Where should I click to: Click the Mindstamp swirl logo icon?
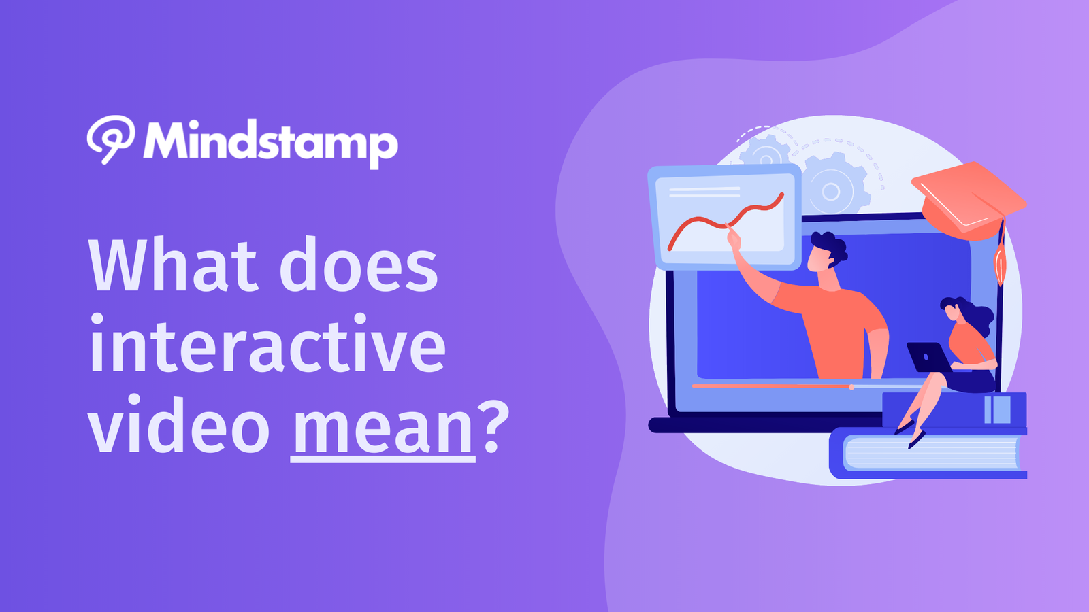click(111, 139)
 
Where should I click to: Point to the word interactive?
click(268, 344)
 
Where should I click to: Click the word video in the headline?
click(179, 422)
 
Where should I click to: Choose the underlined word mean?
click(383, 428)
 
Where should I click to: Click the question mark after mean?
click(493, 426)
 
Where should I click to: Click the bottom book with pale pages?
click(928, 454)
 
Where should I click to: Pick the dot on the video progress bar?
click(851, 387)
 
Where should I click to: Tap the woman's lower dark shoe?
click(916, 440)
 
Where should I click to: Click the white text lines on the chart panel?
click(704, 192)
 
